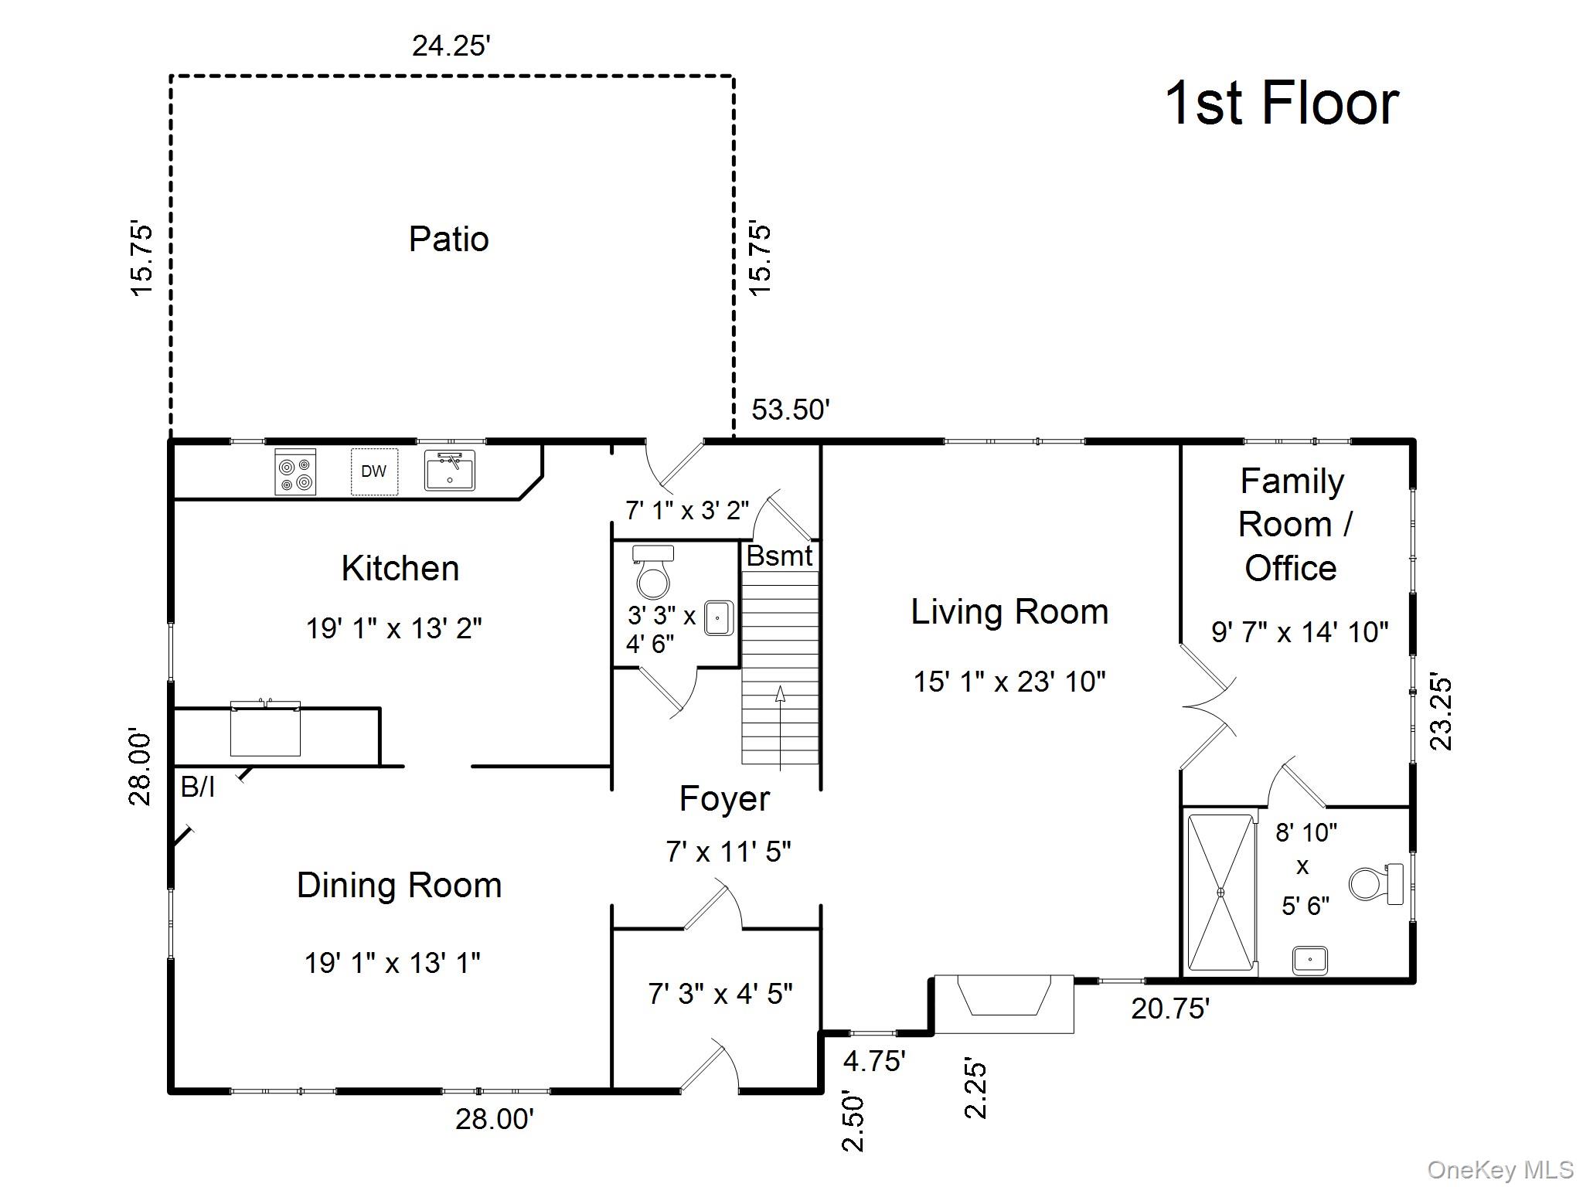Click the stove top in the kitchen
pyautogui.click(x=295, y=471)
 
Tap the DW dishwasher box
pyautogui.click(x=374, y=471)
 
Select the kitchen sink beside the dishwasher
pyautogui.click(x=450, y=471)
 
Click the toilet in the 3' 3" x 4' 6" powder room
pyautogui.click(x=653, y=572)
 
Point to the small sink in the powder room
pyautogui.click(x=719, y=618)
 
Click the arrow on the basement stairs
pyautogui.click(x=780, y=727)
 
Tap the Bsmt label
pyautogui.click(x=779, y=556)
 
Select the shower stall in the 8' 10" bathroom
pyautogui.click(x=1221, y=892)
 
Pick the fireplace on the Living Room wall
pyautogui.click(x=1004, y=1003)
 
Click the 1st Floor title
pyautogui.click(x=1282, y=103)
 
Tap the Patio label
pyautogui.click(x=448, y=239)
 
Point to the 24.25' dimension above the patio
pyautogui.click(x=451, y=46)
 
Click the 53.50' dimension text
pyautogui.click(x=791, y=410)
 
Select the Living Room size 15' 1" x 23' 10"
pyautogui.click(x=1009, y=682)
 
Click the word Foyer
pyautogui.click(x=724, y=799)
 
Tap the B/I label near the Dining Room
pyautogui.click(x=198, y=787)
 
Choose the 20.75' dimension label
pyautogui.click(x=1170, y=1008)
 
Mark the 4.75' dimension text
pyautogui.click(x=874, y=1061)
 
